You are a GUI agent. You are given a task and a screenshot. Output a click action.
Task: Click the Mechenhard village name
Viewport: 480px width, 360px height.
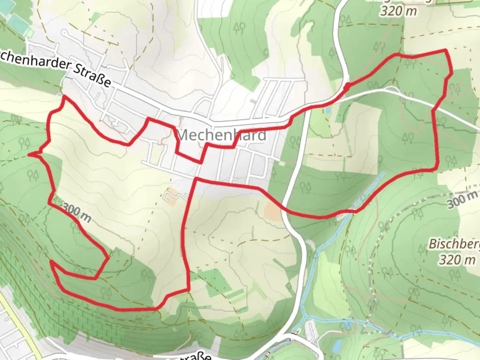pyautogui.click(x=222, y=135)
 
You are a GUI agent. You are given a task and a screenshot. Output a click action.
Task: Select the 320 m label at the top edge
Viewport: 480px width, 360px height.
pyautogui.click(x=399, y=11)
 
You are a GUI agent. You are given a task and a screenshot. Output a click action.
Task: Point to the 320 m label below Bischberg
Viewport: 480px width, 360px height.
pyautogui.click(x=457, y=260)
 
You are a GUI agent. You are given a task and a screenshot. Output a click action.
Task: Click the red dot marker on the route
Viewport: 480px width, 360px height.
pyautogui.click(x=347, y=87)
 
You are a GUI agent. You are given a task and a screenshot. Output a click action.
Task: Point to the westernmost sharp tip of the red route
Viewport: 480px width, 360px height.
pyautogui.click(x=29, y=154)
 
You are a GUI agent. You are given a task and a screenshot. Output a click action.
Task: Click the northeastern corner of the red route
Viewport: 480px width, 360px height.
pyautogui.click(x=446, y=50)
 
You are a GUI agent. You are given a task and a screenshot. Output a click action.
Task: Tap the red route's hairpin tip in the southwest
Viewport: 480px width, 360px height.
pyautogui.click(x=51, y=262)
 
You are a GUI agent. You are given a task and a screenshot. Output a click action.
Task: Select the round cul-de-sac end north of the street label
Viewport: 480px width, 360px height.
pyautogui.click(x=64, y=33)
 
